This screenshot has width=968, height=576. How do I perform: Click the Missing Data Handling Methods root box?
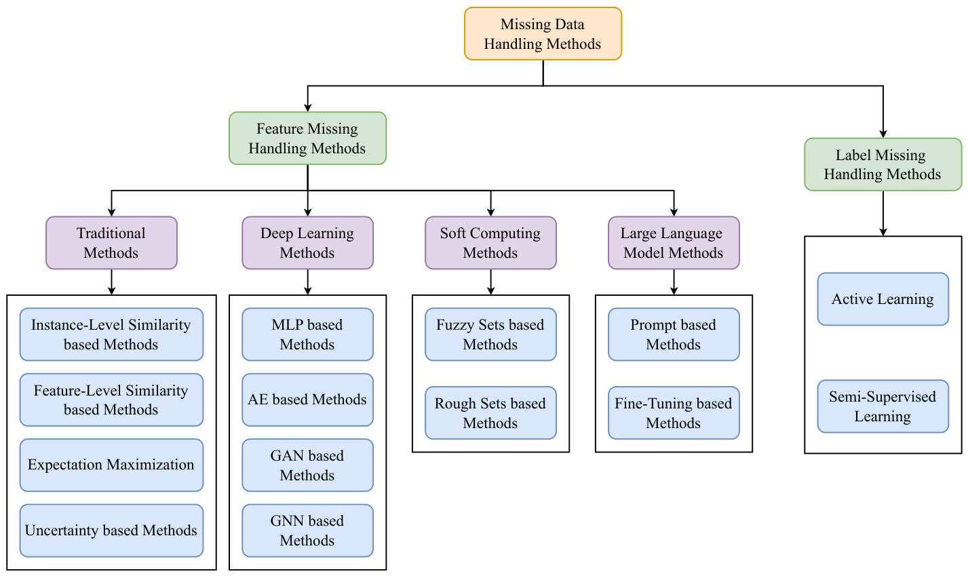(x=543, y=34)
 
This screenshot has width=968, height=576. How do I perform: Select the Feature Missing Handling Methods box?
(x=307, y=138)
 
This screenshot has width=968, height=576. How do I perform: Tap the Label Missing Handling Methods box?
(x=883, y=164)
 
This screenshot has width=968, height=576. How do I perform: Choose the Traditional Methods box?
(x=111, y=243)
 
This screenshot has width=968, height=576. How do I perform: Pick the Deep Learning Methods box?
(x=307, y=243)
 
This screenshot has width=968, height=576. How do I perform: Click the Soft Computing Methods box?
(x=490, y=243)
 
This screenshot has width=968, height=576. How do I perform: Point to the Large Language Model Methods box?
(x=674, y=243)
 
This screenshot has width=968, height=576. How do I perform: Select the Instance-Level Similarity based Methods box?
(x=111, y=334)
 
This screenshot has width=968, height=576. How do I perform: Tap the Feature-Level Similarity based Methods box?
(x=111, y=400)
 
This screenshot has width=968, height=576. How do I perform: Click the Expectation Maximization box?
(x=111, y=465)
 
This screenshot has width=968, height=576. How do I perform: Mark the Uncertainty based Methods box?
(x=111, y=531)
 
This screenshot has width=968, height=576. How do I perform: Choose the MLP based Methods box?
(x=307, y=334)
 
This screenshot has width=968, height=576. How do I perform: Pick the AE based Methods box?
(x=307, y=400)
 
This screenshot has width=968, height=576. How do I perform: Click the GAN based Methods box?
(x=307, y=465)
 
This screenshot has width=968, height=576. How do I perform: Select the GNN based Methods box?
(x=307, y=531)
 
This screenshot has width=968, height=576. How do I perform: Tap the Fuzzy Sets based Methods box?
(x=490, y=334)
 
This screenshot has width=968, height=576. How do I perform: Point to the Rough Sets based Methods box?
(x=490, y=413)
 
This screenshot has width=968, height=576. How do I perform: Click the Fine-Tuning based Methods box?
(x=674, y=413)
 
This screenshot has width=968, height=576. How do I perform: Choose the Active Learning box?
(x=883, y=299)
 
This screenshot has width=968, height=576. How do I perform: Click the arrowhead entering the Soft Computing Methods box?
(x=490, y=212)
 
